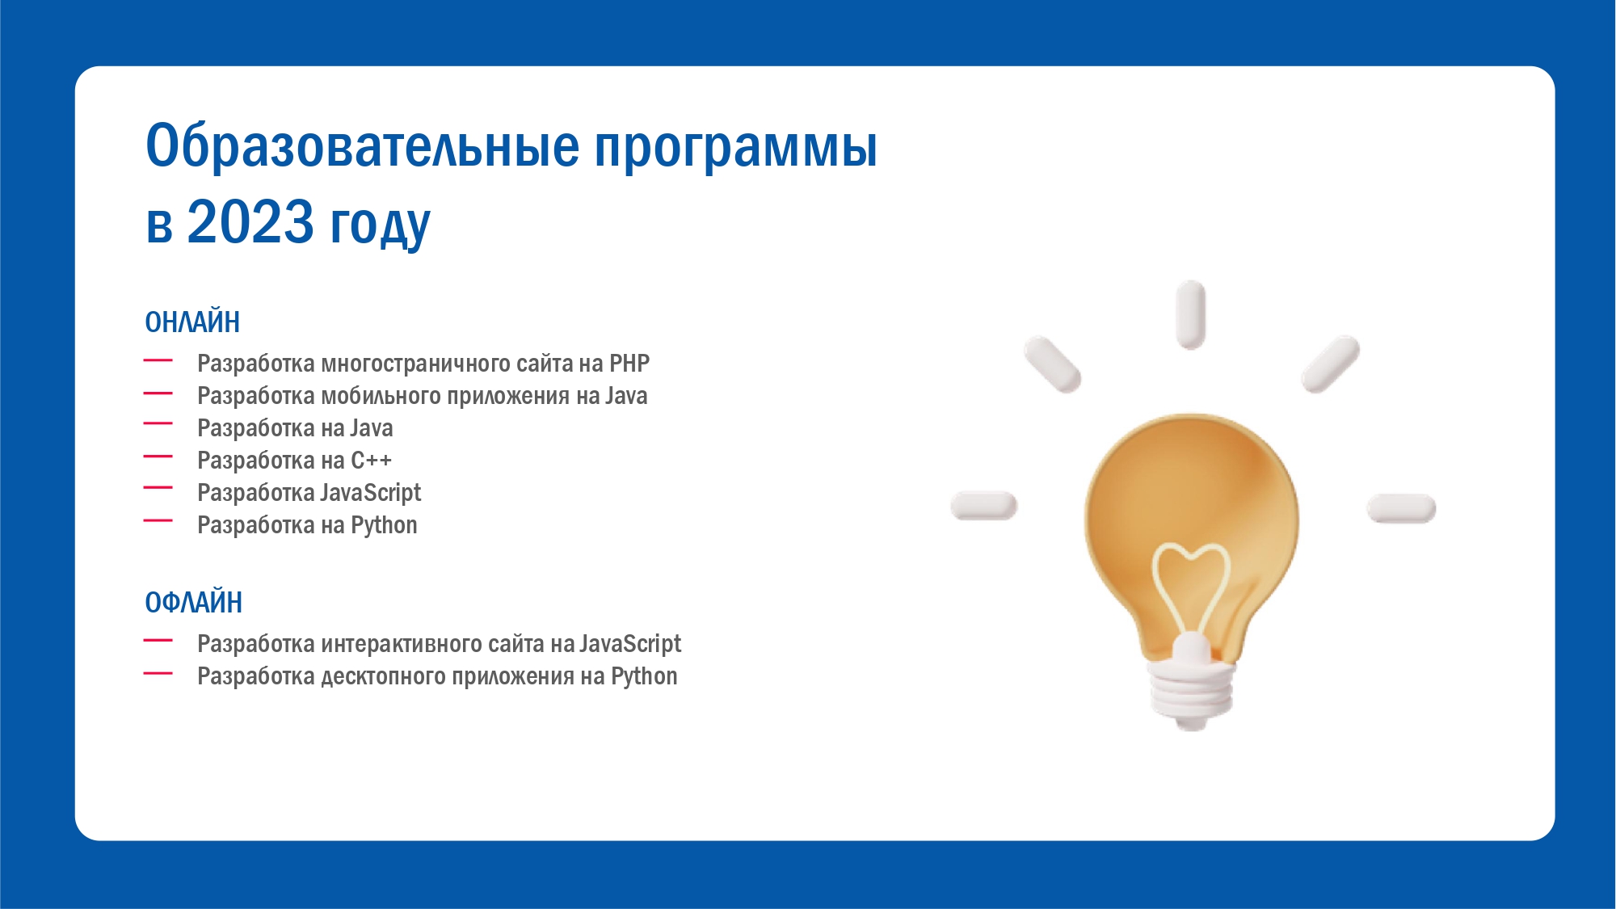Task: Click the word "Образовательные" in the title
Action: pos(363,146)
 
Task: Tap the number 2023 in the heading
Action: pos(250,221)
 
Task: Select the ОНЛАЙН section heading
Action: pos(192,322)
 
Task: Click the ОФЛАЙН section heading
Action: pos(194,603)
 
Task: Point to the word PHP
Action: pos(629,364)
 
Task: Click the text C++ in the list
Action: pos(371,461)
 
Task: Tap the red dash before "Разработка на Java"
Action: pos(158,423)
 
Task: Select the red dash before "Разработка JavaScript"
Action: pos(158,488)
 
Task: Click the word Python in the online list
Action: pos(384,526)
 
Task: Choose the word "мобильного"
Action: pos(381,396)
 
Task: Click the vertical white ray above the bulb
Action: pos(1191,315)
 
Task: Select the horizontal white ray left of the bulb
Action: pos(984,506)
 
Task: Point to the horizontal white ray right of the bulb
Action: pos(1401,508)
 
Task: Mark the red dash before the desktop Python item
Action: pos(158,673)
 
